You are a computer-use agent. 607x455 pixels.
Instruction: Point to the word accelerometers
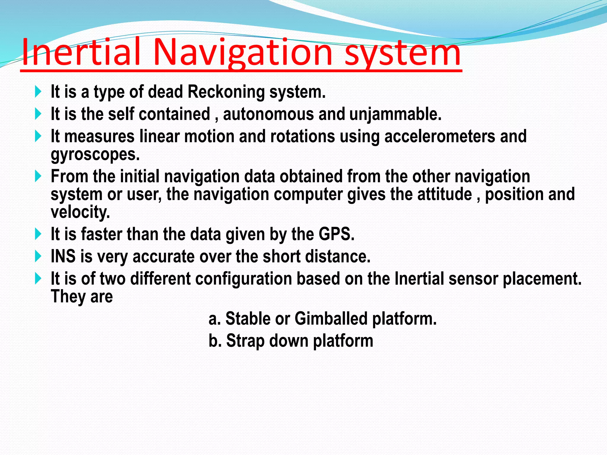point(440,136)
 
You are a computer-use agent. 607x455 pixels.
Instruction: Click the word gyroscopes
point(95,155)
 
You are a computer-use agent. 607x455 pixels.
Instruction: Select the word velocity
point(80,212)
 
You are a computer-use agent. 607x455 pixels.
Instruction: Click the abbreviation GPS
point(336,234)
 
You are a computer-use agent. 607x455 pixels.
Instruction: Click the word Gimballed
point(331,319)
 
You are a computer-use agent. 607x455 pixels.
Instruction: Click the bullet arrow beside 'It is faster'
point(38,234)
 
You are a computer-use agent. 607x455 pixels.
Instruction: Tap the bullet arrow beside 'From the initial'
point(38,176)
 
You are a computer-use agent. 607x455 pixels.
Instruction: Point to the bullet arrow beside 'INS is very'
point(38,256)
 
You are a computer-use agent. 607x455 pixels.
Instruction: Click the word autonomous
point(268,114)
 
